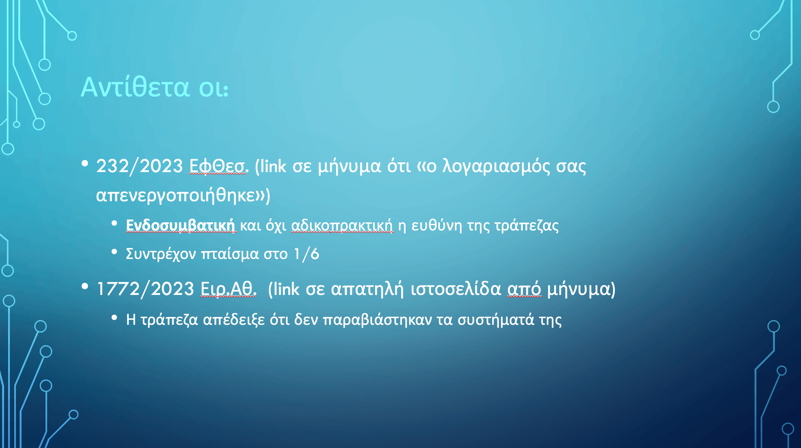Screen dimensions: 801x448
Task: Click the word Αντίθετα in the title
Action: click(135, 87)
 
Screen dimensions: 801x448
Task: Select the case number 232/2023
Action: click(140, 166)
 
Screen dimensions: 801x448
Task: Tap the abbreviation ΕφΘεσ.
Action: click(219, 166)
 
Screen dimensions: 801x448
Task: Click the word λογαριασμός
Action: click(496, 167)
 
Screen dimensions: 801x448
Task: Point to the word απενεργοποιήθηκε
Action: click(176, 195)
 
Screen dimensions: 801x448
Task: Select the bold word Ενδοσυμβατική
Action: click(180, 225)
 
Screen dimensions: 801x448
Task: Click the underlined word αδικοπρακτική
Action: click(342, 226)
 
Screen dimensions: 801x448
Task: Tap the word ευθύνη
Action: click(436, 226)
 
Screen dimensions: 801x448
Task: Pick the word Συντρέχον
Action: click(161, 254)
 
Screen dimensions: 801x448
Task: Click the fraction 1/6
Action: click(307, 254)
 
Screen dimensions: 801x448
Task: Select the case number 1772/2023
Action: click(145, 289)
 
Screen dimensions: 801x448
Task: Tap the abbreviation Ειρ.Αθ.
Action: click(228, 289)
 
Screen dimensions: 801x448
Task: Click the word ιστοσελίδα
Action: click(456, 289)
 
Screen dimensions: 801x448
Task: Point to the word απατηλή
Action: click(367, 290)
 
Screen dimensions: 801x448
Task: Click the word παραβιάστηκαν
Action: click(377, 320)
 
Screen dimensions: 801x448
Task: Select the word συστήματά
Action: click(496, 320)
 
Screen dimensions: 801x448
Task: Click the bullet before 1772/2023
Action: click(85, 287)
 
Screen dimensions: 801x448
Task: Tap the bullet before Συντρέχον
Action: click(114, 252)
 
